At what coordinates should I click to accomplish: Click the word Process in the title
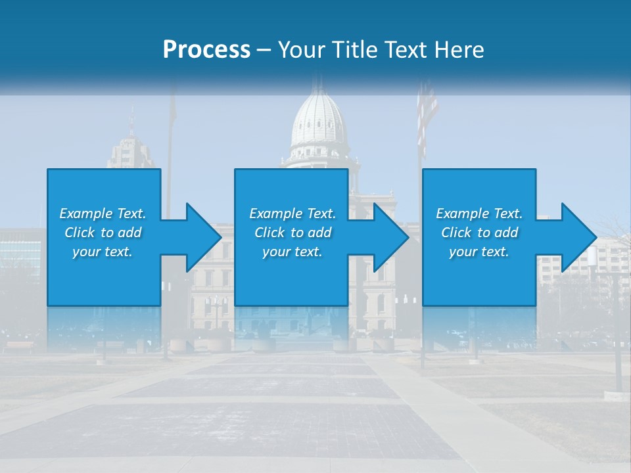click(206, 50)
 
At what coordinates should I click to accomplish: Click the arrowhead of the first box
click(203, 237)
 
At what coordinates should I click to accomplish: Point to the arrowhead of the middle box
click(391, 237)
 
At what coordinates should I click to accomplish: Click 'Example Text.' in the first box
click(103, 214)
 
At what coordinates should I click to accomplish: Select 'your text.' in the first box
click(103, 252)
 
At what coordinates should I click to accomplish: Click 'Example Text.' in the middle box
click(292, 214)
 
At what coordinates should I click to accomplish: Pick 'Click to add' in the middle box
click(292, 233)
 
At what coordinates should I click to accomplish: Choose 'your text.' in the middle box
click(292, 252)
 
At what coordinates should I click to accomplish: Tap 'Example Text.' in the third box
click(479, 214)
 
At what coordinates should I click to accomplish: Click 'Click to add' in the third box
click(479, 233)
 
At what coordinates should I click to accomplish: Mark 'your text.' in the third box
click(479, 252)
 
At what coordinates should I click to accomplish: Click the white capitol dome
click(318, 122)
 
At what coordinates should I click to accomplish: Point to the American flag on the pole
click(427, 112)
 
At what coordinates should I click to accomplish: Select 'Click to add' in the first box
click(103, 233)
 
